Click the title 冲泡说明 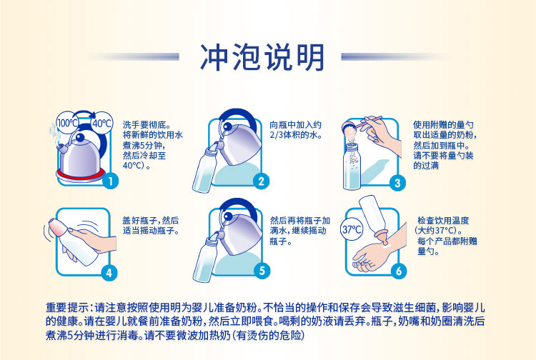(x=262, y=57)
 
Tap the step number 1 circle (x=110, y=181)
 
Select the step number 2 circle (x=261, y=181)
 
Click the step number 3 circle (x=397, y=183)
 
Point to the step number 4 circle (x=109, y=273)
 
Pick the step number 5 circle (x=262, y=271)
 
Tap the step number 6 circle (x=399, y=271)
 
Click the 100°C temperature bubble (x=68, y=123)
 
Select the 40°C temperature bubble (x=102, y=123)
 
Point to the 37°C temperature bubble (x=352, y=229)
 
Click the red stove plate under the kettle (x=80, y=174)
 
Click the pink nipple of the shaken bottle (x=57, y=227)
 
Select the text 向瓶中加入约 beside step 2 (x=295, y=125)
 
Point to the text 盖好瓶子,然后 (x=151, y=220)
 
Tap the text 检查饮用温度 (x=443, y=220)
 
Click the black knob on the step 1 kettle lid (x=80, y=137)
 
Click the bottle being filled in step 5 (x=206, y=258)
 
